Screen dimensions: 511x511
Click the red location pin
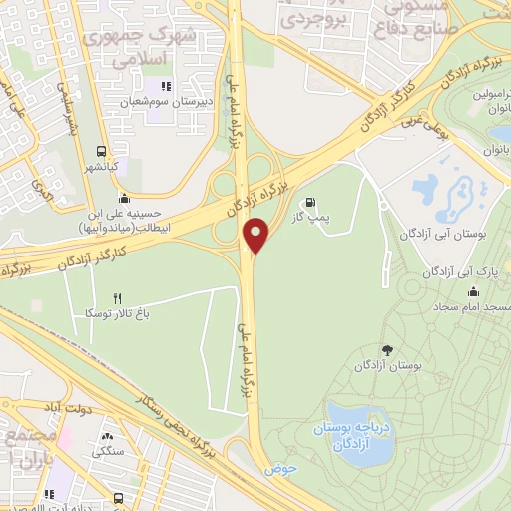[x=256, y=236]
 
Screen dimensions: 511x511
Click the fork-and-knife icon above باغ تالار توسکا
[x=117, y=298]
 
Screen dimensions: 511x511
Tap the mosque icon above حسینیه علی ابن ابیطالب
[x=122, y=196]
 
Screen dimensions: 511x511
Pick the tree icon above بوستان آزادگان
[x=387, y=350]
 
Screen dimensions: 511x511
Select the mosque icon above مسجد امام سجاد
[x=471, y=290]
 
